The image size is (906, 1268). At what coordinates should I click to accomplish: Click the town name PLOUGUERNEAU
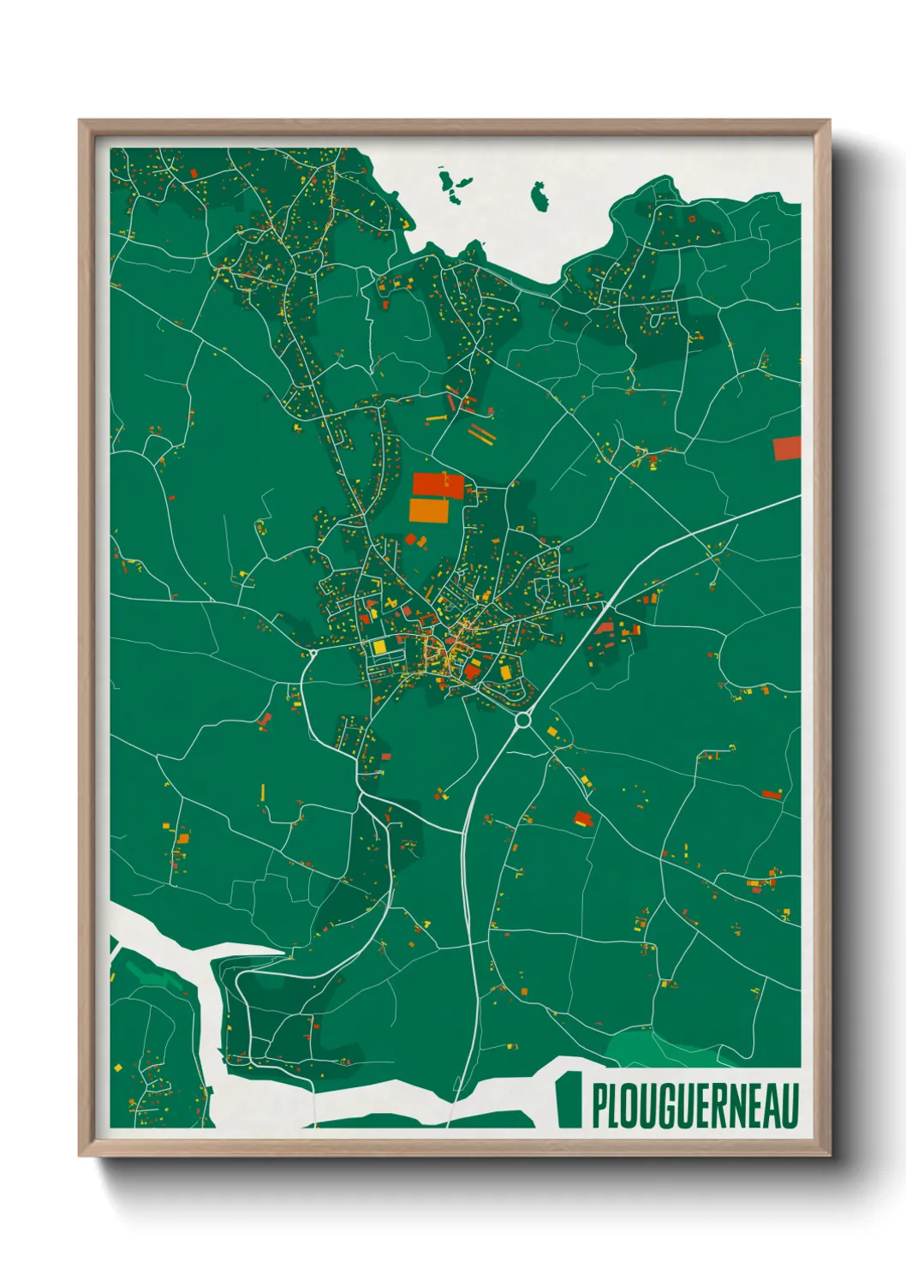tap(694, 1106)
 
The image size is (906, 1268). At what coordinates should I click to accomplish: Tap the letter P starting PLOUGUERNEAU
tap(599, 1106)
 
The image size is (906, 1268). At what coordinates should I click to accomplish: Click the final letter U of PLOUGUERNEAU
tap(790, 1106)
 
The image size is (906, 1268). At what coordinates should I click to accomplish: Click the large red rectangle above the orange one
tap(438, 486)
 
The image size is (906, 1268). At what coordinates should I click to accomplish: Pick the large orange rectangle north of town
tap(429, 511)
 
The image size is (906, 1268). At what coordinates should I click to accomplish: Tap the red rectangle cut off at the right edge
tap(787, 448)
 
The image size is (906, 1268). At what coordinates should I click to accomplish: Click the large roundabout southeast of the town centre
tap(522, 721)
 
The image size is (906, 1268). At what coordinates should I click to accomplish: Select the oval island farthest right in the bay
tap(539, 197)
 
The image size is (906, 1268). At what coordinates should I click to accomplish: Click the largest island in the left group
tap(448, 183)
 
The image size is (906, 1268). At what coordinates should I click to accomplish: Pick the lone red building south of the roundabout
tap(583, 817)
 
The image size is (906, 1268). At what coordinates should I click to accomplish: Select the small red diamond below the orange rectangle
tap(410, 539)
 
